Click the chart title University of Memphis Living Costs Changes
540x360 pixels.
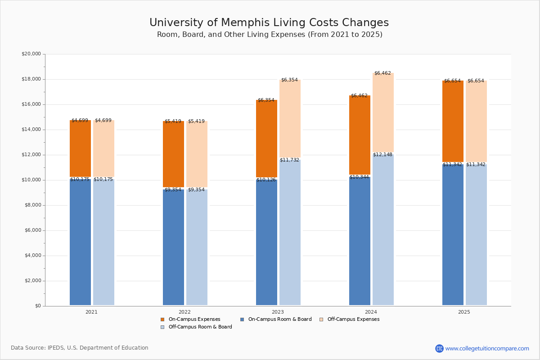tap(269, 23)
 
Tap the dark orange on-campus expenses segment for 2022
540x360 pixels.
tap(173, 154)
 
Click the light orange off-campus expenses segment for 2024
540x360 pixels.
tap(383, 112)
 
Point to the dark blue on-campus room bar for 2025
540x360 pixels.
tap(453, 234)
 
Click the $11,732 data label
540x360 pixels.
tap(289, 160)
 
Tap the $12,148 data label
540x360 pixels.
tap(382, 155)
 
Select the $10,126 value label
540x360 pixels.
tap(266, 180)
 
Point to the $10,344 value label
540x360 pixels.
tap(359, 177)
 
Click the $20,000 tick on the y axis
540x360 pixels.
tap(31, 54)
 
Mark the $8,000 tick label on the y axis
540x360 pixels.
tap(32, 205)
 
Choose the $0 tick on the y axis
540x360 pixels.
tap(37, 306)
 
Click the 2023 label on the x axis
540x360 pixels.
tap(278, 312)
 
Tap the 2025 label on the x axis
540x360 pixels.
tap(464, 312)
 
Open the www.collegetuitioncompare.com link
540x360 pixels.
tap(487, 348)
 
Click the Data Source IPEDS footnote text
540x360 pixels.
tap(80, 348)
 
